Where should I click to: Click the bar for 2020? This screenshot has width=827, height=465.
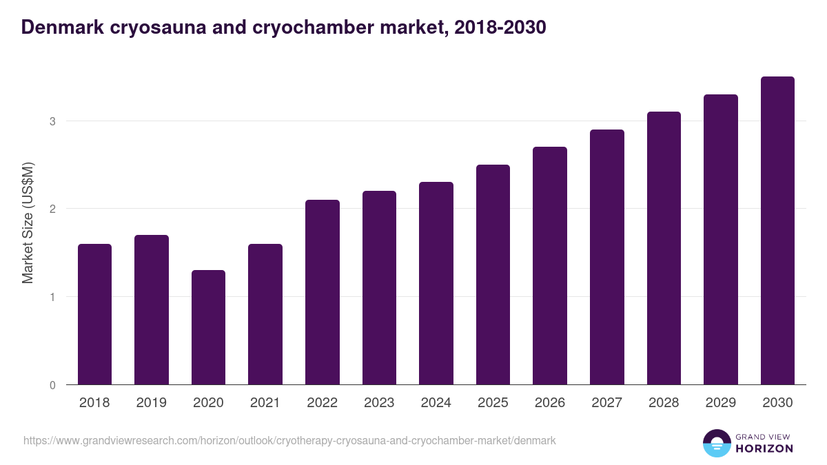coord(208,327)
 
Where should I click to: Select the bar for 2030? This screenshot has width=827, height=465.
coord(777,231)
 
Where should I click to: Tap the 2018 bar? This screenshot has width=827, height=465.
coord(94,314)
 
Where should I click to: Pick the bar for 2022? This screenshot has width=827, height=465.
coord(323,292)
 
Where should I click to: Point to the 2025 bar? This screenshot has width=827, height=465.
coord(493,275)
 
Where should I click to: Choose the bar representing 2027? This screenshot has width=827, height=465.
coord(606,257)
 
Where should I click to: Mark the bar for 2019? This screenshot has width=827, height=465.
coord(152,310)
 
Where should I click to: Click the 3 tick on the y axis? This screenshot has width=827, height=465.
coord(52,121)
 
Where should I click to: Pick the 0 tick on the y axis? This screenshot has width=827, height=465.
coord(52,385)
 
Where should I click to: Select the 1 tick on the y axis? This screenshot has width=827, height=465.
coord(52,297)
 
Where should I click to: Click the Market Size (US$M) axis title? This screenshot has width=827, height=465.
coord(28,223)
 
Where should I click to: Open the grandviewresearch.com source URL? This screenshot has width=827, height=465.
coord(289,440)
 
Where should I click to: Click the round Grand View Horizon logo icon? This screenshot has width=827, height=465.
coord(716,443)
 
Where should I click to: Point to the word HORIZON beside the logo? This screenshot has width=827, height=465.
coord(764,448)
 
